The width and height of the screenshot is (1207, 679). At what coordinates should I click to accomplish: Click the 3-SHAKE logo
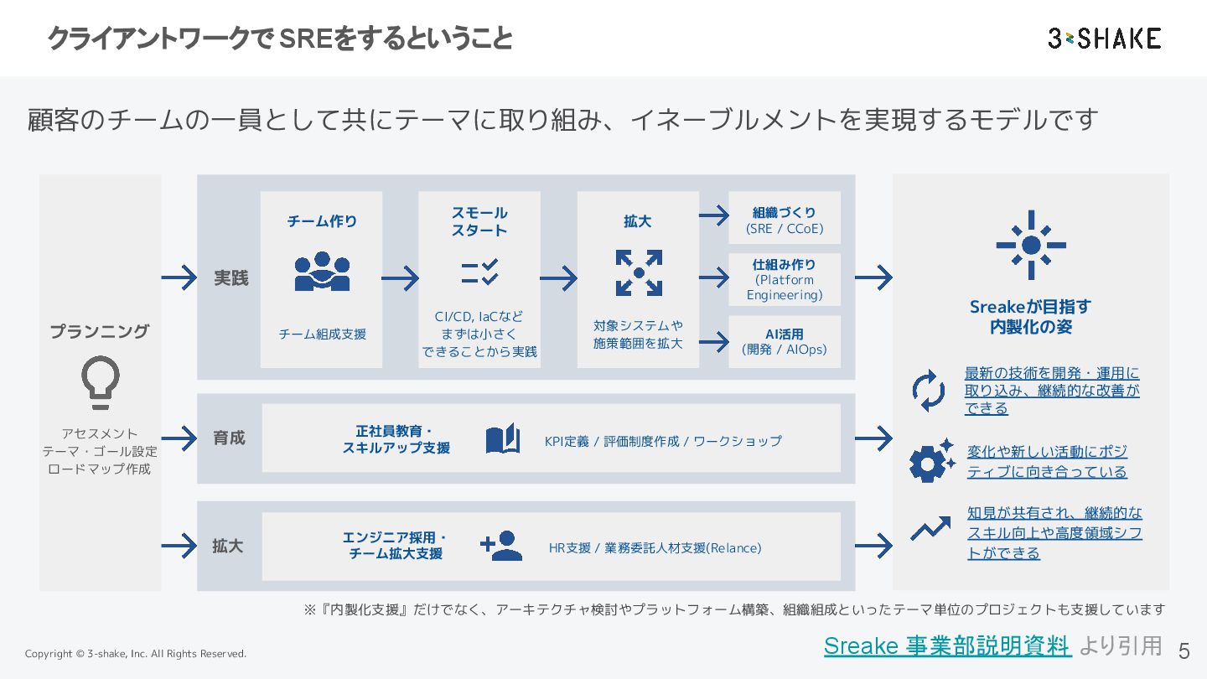pyautogui.click(x=1104, y=39)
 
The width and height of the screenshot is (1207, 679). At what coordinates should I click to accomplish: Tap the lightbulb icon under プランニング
pyautogui.click(x=101, y=382)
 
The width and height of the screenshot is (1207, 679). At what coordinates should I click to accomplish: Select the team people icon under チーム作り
pyautogui.click(x=322, y=272)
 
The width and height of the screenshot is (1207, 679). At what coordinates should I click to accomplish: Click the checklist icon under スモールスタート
pyautogui.click(x=479, y=272)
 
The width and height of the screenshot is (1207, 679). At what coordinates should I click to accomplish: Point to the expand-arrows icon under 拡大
pyautogui.click(x=639, y=272)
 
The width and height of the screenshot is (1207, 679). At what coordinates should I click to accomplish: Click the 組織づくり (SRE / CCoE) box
pyautogui.click(x=784, y=220)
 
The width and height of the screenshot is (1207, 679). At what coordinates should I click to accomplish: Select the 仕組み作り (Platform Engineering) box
pyautogui.click(x=784, y=279)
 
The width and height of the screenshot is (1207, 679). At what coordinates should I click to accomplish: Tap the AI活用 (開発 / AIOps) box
pyautogui.click(x=784, y=341)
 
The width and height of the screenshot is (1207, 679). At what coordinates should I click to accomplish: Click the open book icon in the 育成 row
pyautogui.click(x=503, y=439)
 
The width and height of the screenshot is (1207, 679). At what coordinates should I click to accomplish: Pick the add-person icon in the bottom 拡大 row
pyautogui.click(x=501, y=546)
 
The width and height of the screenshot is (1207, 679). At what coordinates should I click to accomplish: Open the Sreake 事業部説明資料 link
pyautogui.click(x=947, y=645)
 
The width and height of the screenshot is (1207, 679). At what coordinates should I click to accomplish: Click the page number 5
pyautogui.click(x=1184, y=651)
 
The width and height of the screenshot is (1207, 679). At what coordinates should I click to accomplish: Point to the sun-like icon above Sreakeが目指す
pyautogui.click(x=1031, y=245)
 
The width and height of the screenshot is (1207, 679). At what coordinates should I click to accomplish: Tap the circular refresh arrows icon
pyautogui.click(x=929, y=391)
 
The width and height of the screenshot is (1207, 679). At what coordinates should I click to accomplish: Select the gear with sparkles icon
pyautogui.click(x=931, y=460)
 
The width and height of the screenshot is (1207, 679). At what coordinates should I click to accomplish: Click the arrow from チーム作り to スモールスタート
pyautogui.click(x=400, y=277)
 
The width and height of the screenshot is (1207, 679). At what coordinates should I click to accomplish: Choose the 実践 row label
pyautogui.click(x=231, y=277)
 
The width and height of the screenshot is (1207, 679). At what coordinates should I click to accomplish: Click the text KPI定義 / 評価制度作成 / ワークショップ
pyautogui.click(x=662, y=441)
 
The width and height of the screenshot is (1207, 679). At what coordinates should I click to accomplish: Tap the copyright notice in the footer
pyautogui.click(x=136, y=654)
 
